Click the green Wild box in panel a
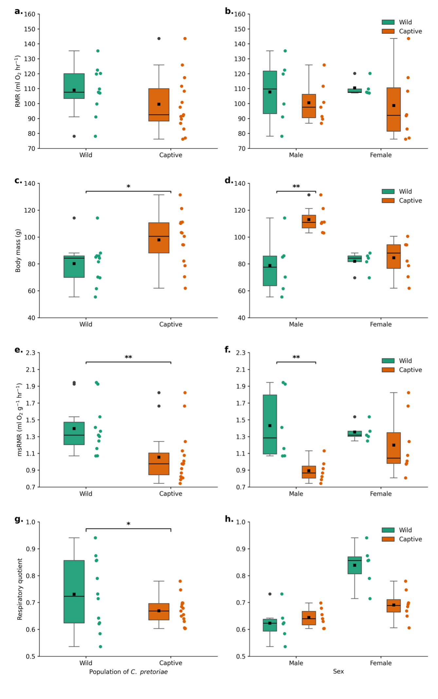coord(74,86)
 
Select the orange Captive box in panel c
coord(159,238)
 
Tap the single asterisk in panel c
coord(128,187)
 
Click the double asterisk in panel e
coord(128,357)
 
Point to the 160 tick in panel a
coord(30,14)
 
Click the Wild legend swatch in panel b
coord(388,22)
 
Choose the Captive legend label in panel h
coord(410,539)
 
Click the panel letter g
coord(18,519)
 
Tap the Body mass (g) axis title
coord(18,250)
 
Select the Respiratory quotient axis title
coord(20,589)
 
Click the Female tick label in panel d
coord(381,324)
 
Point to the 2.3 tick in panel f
coord(241,353)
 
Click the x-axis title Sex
coord(338,671)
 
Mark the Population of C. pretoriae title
coord(128,672)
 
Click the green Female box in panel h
coord(355,565)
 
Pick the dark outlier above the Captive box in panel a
coord(159,39)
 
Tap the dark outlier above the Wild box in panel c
coord(74,218)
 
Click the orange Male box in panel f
coord(309,472)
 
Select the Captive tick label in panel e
coord(171,493)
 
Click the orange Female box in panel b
coord(393,109)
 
